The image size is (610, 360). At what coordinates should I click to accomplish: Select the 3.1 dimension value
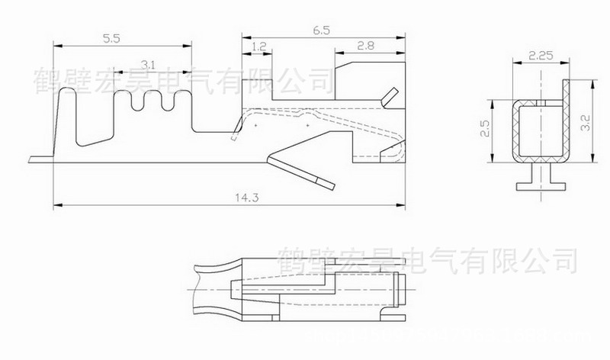point(151,65)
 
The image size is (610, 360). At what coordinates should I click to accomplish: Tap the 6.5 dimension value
point(320,30)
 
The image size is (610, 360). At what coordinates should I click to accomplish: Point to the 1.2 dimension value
point(258,47)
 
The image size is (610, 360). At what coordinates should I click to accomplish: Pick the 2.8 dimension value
point(365,47)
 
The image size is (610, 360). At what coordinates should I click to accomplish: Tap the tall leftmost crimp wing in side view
point(67,114)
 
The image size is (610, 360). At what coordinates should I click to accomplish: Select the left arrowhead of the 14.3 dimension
point(56,205)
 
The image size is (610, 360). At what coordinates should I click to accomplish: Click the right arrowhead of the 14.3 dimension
point(403,205)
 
